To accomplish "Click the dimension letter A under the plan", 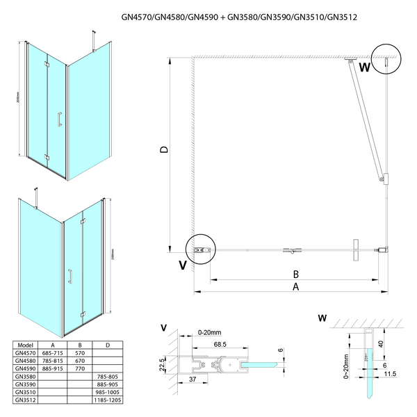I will pos(295,286).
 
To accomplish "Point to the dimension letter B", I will pos(295,272).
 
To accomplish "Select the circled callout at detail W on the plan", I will pos(384,59).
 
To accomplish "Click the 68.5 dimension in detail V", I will pos(220,345).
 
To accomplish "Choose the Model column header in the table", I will pos(24,343).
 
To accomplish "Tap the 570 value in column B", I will pos(79,353).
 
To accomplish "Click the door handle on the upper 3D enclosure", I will pos(58,120).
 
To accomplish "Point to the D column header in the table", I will pos(106,343).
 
